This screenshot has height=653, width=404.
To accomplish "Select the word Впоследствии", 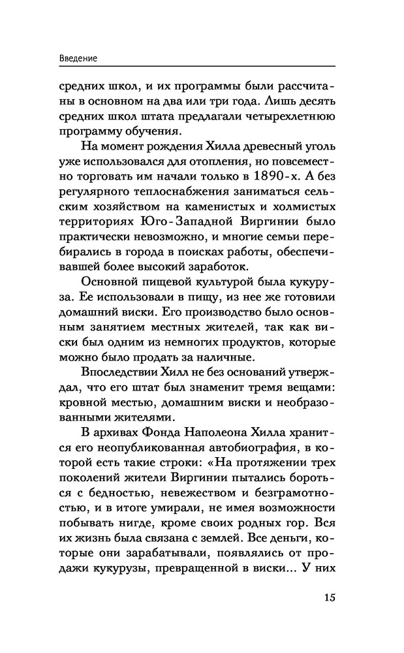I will (x=122, y=372).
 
